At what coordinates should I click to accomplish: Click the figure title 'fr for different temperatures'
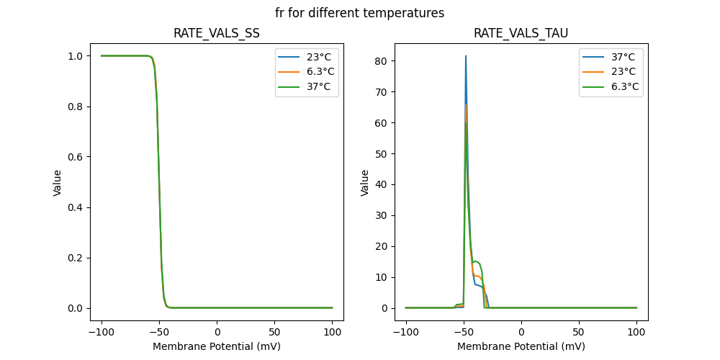(359, 13)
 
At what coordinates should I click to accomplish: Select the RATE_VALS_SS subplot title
(217, 33)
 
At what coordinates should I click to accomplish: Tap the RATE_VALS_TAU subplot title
(521, 33)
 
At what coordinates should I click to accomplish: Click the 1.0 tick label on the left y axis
(73, 56)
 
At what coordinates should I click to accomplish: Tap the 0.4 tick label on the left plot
(73, 207)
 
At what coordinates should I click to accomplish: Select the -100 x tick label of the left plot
(101, 332)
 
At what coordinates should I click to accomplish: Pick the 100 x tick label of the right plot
(636, 332)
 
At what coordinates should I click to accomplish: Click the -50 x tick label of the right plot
(464, 332)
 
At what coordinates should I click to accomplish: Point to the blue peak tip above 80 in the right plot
(466, 56)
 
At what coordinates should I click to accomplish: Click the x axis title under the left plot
(217, 346)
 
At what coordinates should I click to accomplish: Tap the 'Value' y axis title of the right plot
(365, 183)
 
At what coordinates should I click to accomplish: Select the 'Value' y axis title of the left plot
(58, 183)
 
